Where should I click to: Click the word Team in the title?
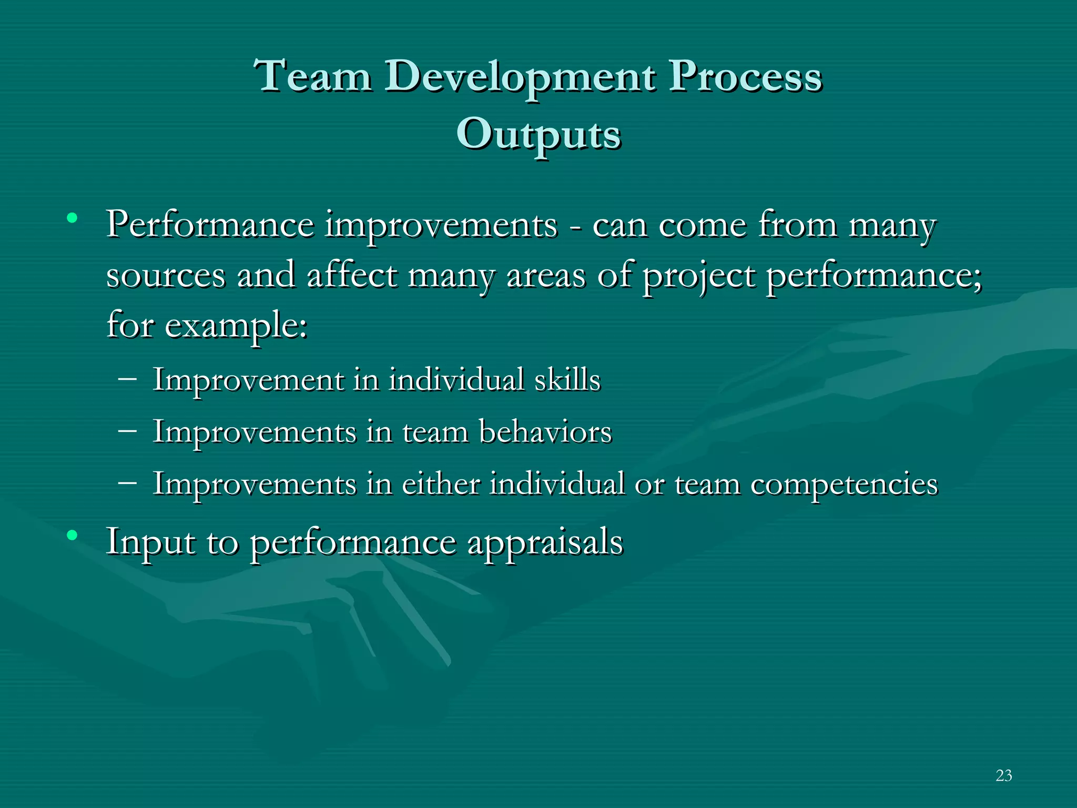[x=313, y=76]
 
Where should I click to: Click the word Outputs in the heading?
[x=538, y=135]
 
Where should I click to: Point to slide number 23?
[x=1003, y=775]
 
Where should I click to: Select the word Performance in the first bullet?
[x=210, y=225]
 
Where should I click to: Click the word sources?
[x=166, y=276]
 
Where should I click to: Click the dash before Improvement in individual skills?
[x=128, y=378]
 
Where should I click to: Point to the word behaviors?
[x=545, y=432]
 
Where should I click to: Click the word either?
[x=441, y=483]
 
